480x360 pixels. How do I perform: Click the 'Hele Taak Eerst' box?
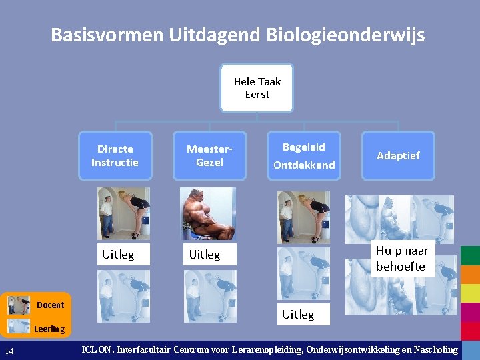coord(257,88)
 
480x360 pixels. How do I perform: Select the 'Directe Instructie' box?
coord(115,155)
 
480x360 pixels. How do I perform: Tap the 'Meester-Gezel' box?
coord(209,155)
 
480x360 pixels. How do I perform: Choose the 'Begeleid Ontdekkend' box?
coord(304,155)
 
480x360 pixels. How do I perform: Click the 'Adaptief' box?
coord(398,155)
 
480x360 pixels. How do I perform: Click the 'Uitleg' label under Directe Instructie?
coord(118,255)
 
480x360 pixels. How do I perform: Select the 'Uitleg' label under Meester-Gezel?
coord(205,255)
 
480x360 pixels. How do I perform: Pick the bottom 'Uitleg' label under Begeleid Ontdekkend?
coord(298,314)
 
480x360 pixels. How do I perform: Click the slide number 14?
coord(9,351)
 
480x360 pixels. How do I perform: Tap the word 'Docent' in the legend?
coord(51,305)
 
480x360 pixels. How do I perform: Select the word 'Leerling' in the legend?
coord(49,329)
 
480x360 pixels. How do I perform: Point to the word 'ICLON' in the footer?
coord(97,349)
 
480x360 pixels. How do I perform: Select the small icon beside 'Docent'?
coord(19,305)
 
